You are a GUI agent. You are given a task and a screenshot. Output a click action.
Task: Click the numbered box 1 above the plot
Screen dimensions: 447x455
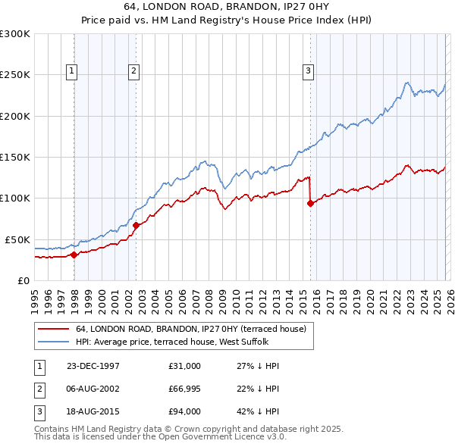[x=71, y=72]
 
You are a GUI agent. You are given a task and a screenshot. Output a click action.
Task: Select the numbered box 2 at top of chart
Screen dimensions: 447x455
[x=133, y=72]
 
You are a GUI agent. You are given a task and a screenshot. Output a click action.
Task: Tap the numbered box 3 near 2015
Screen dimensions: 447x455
[x=309, y=72]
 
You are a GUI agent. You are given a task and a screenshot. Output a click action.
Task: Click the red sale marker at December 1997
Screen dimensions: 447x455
[x=74, y=255]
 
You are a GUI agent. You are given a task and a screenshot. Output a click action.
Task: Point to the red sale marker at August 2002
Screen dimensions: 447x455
[x=136, y=225]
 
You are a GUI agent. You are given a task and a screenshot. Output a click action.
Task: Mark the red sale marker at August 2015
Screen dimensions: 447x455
[x=311, y=203]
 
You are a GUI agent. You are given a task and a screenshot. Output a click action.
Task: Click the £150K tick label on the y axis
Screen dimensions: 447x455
[x=15, y=158]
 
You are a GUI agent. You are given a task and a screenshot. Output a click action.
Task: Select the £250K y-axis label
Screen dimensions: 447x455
[x=15, y=75]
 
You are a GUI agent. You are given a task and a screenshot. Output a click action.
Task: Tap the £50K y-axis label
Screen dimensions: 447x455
[x=17, y=239]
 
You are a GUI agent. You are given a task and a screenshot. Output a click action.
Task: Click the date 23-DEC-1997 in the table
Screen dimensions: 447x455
[x=93, y=366]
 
